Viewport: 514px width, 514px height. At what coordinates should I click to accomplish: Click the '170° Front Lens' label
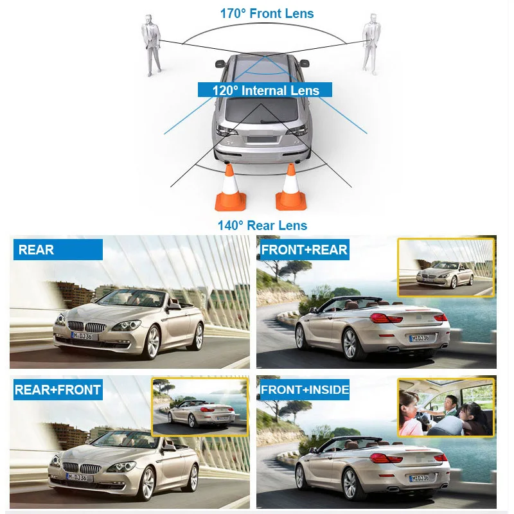267,13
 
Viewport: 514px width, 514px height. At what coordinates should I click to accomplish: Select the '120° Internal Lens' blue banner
265,91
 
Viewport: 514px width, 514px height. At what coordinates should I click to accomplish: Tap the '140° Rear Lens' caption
262,226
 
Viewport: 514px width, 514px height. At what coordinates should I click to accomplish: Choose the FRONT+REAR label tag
305,250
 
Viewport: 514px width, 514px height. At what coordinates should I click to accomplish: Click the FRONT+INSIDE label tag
305,389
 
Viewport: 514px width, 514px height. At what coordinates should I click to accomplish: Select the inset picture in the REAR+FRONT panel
200,407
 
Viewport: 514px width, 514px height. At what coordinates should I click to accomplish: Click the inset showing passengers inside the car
447,407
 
